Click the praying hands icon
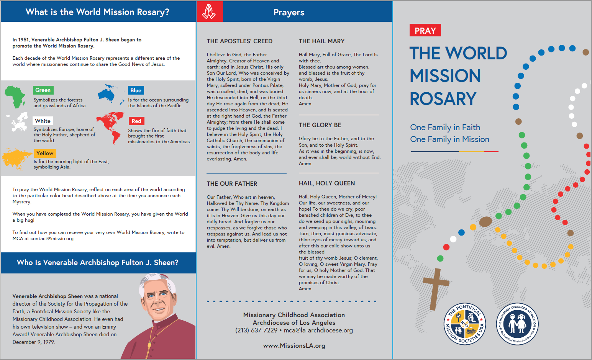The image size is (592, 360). [209, 11]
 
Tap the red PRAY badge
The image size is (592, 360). [425, 31]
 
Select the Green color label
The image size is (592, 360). [43, 90]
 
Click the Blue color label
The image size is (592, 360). [136, 90]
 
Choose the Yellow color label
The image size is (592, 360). [45, 153]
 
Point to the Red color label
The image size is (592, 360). [136, 121]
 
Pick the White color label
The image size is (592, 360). [43, 121]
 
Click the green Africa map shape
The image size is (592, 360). [15, 97]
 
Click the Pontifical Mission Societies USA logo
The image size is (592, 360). [465, 324]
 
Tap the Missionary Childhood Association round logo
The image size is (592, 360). [517, 324]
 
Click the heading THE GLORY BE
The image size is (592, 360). [320, 125]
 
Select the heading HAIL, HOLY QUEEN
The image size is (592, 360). [327, 183]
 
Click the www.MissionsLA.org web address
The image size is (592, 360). [294, 345]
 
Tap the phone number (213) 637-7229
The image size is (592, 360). [256, 330]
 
